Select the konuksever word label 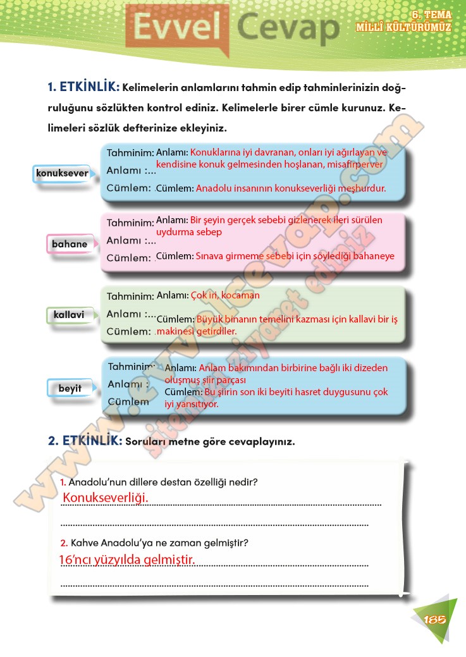(x=61, y=173)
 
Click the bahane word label (x=70, y=243)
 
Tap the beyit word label (x=70, y=388)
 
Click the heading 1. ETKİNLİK (x=83, y=87)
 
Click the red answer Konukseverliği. (x=105, y=498)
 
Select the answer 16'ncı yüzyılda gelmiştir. (x=126, y=560)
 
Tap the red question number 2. (x=64, y=543)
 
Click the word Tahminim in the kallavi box (x=130, y=296)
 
